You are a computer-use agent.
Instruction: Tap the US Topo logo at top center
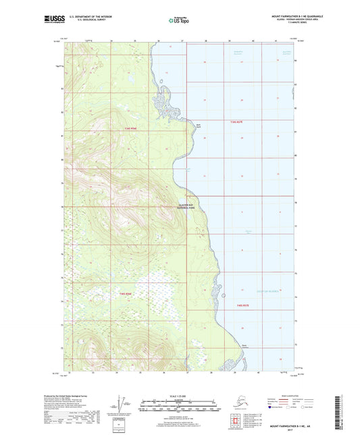(180, 20)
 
